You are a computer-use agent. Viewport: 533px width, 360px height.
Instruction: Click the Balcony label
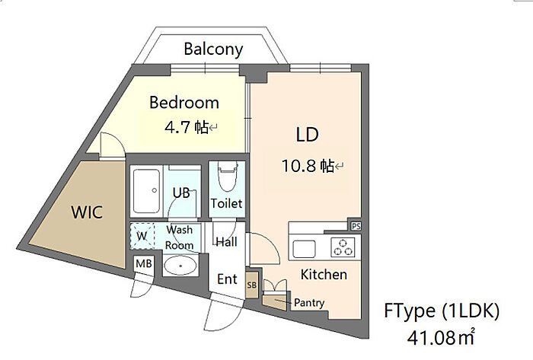click(213, 49)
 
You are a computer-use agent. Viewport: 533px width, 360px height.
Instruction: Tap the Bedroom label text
click(184, 103)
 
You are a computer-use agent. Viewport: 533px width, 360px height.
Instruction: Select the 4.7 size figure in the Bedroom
click(177, 127)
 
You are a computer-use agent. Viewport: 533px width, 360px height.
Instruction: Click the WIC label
click(87, 212)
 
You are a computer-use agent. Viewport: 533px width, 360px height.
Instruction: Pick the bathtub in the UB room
click(146, 191)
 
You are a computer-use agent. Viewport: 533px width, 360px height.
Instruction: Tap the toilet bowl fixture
click(228, 177)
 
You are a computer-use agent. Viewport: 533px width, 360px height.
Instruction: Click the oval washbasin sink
click(180, 266)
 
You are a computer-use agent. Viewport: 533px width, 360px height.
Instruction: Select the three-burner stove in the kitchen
click(343, 247)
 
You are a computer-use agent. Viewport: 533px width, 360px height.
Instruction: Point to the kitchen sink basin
click(305, 249)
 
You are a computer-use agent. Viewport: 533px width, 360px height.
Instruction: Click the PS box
click(356, 226)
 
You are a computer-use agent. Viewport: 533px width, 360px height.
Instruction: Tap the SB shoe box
click(252, 285)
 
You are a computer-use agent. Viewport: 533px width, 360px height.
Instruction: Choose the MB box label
click(144, 263)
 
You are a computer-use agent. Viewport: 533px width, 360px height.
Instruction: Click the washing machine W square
click(142, 236)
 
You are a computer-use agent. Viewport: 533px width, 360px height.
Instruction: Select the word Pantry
click(309, 303)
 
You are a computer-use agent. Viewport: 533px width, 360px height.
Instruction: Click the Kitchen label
click(324, 275)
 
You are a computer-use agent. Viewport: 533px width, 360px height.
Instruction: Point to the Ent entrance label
click(227, 279)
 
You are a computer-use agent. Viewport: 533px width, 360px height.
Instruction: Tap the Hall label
click(227, 242)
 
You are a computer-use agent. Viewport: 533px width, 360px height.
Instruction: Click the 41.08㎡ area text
click(441, 337)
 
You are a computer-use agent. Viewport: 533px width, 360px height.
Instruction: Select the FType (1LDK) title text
click(442, 311)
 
